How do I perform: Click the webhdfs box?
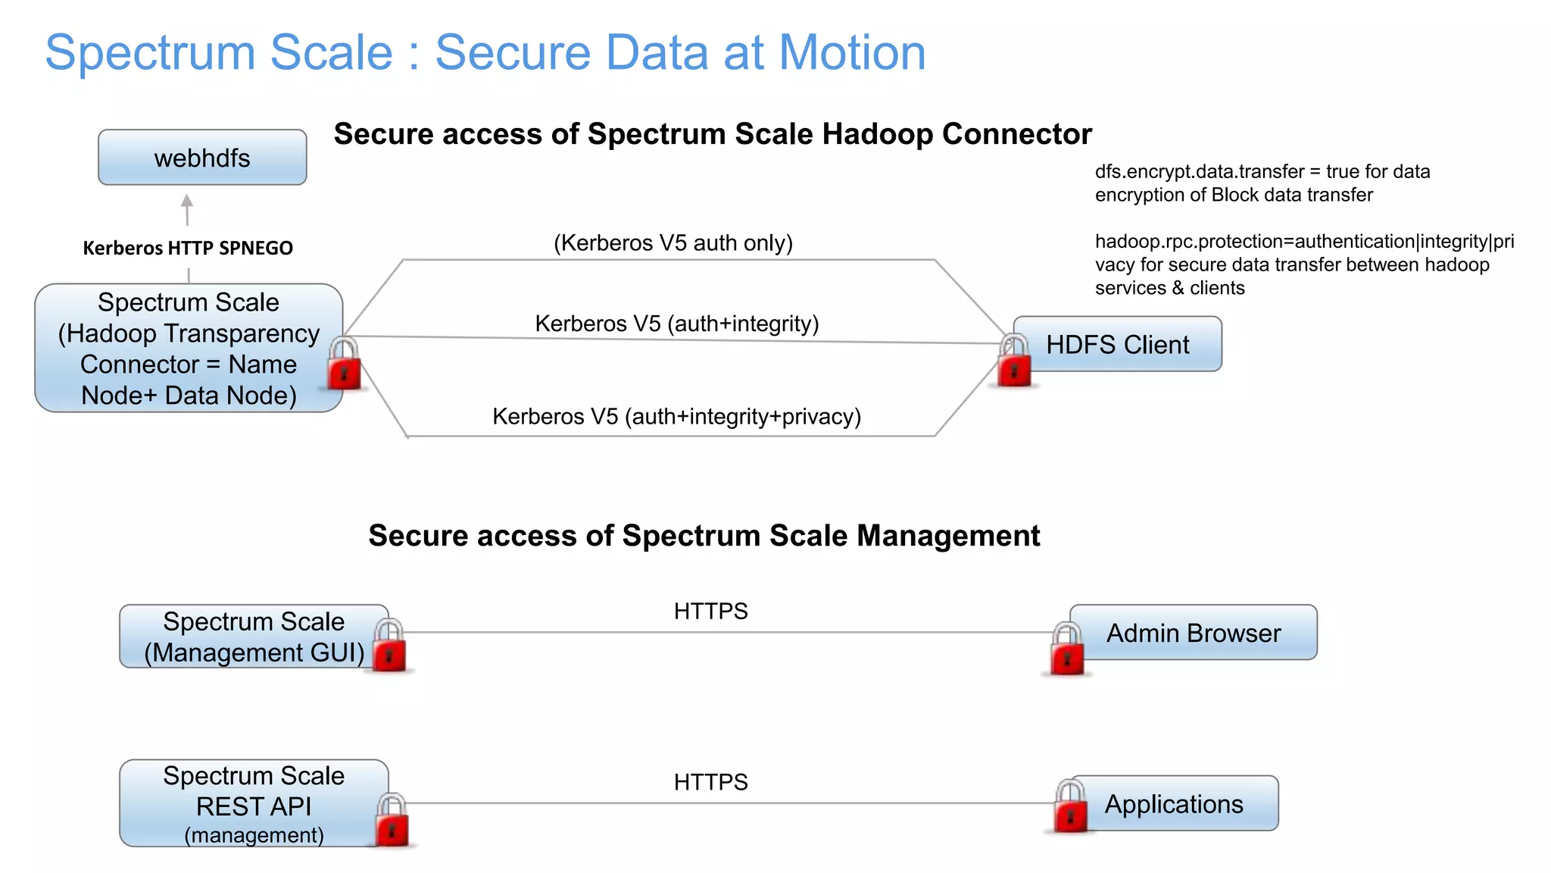tap(202, 158)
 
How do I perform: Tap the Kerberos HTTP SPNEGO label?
tap(187, 248)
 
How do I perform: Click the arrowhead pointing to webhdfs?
tap(187, 202)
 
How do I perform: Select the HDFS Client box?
tap(1118, 345)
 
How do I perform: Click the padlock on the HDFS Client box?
tap(1014, 362)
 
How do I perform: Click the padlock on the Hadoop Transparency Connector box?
tap(344, 365)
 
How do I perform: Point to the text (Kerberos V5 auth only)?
tap(673, 243)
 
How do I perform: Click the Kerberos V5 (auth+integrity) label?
tap(676, 324)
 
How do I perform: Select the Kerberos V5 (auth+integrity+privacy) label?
tap(676, 417)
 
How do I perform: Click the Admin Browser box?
tap(1194, 633)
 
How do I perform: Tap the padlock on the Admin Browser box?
tap(1067, 649)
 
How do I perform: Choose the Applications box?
tap(1174, 804)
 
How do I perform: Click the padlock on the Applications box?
tap(1070, 808)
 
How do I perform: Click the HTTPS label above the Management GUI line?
tap(710, 612)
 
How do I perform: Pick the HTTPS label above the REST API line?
tap(710, 782)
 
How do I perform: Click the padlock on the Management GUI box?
tap(389, 646)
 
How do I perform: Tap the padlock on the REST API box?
tap(392, 821)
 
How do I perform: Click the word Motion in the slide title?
tap(852, 53)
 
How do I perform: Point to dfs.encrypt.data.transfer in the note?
tap(1199, 172)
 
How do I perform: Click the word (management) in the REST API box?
tap(254, 835)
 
